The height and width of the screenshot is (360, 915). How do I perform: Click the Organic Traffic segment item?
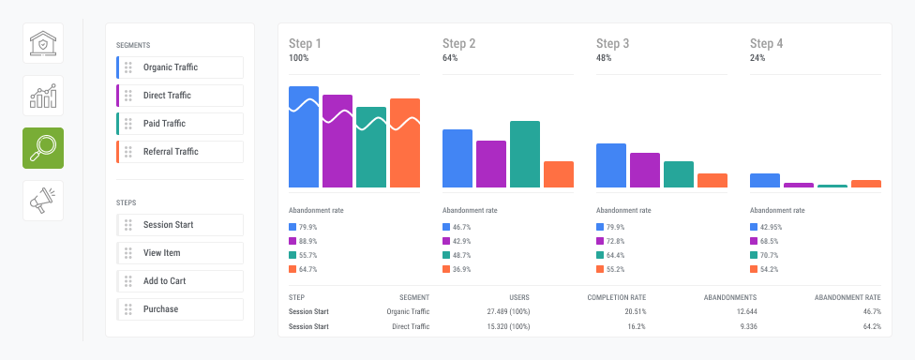point(180,67)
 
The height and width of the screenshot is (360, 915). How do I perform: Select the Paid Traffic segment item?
point(180,124)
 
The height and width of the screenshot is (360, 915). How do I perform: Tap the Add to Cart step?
point(180,281)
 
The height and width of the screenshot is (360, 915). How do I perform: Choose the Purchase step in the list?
point(180,309)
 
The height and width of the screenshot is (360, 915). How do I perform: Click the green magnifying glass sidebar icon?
point(43,148)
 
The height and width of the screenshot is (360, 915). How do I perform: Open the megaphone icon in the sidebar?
point(43,201)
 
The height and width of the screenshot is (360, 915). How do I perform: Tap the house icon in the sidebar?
point(43,43)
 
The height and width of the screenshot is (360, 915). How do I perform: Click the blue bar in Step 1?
point(304,137)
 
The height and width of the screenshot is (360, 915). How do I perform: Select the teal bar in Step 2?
point(525,155)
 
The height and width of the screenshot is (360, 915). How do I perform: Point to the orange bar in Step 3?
point(712,181)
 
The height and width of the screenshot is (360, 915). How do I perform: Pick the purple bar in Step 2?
point(491,165)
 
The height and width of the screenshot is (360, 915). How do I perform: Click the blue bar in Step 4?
point(765,181)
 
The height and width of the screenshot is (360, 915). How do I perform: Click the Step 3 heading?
point(613,44)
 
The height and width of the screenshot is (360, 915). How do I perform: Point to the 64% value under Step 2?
point(450,58)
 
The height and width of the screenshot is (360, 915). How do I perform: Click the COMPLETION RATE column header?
point(617,297)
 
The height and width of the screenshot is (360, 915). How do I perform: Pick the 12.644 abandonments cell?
point(745,311)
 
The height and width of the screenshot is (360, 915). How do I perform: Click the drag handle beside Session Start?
point(128,225)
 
